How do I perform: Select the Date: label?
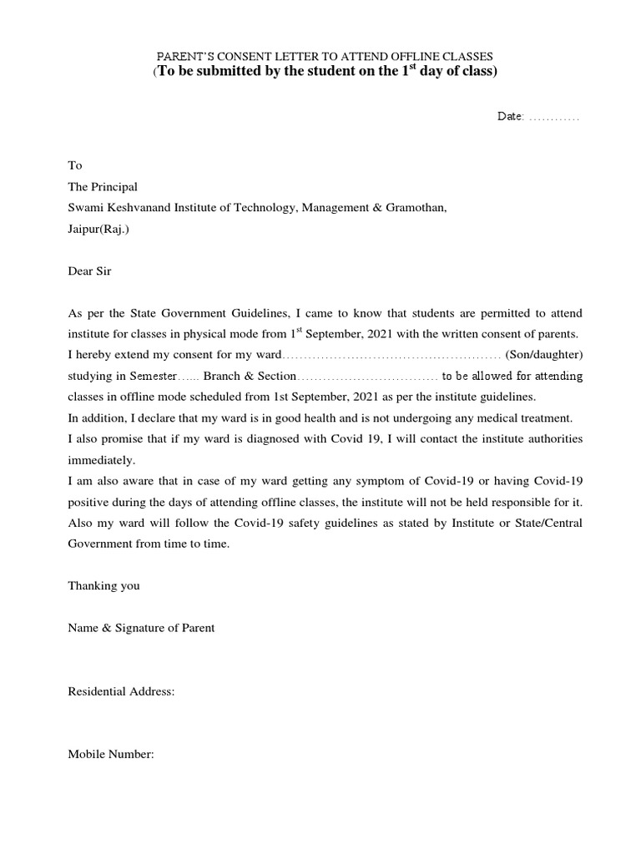pos(510,117)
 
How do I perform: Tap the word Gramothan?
pos(415,208)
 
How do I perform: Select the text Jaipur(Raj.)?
pos(98,229)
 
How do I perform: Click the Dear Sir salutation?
pos(88,271)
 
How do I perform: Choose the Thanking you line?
pos(103,585)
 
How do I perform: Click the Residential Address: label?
pos(121,691)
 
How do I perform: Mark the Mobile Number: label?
pos(111,754)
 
